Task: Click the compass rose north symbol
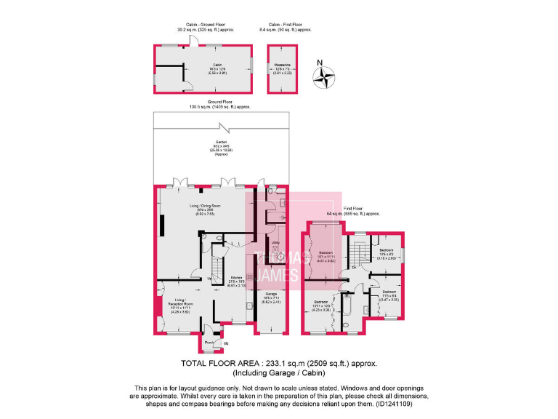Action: click(x=325, y=75)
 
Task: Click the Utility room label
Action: click(x=275, y=243)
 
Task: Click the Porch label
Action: click(x=209, y=342)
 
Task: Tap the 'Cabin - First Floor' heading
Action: click(x=286, y=26)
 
